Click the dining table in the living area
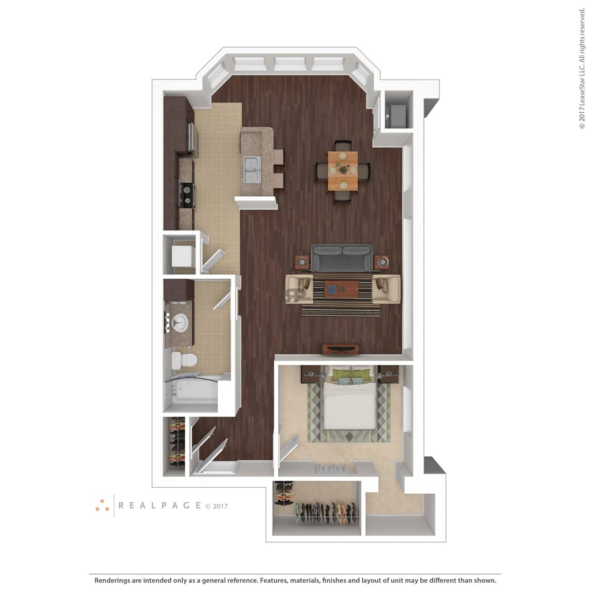click(x=343, y=171)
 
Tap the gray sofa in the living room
click(x=342, y=258)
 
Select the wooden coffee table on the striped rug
click(x=342, y=289)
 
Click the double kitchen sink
click(x=253, y=172)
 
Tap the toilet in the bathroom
click(x=183, y=361)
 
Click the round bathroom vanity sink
click(x=180, y=322)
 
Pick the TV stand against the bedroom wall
click(x=340, y=350)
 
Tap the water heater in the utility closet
click(x=396, y=116)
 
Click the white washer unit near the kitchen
click(x=183, y=256)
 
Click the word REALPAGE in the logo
click(x=160, y=505)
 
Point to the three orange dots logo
click(x=102, y=506)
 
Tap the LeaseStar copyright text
click(x=582, y=68)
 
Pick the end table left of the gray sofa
click(x=303, y=262)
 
